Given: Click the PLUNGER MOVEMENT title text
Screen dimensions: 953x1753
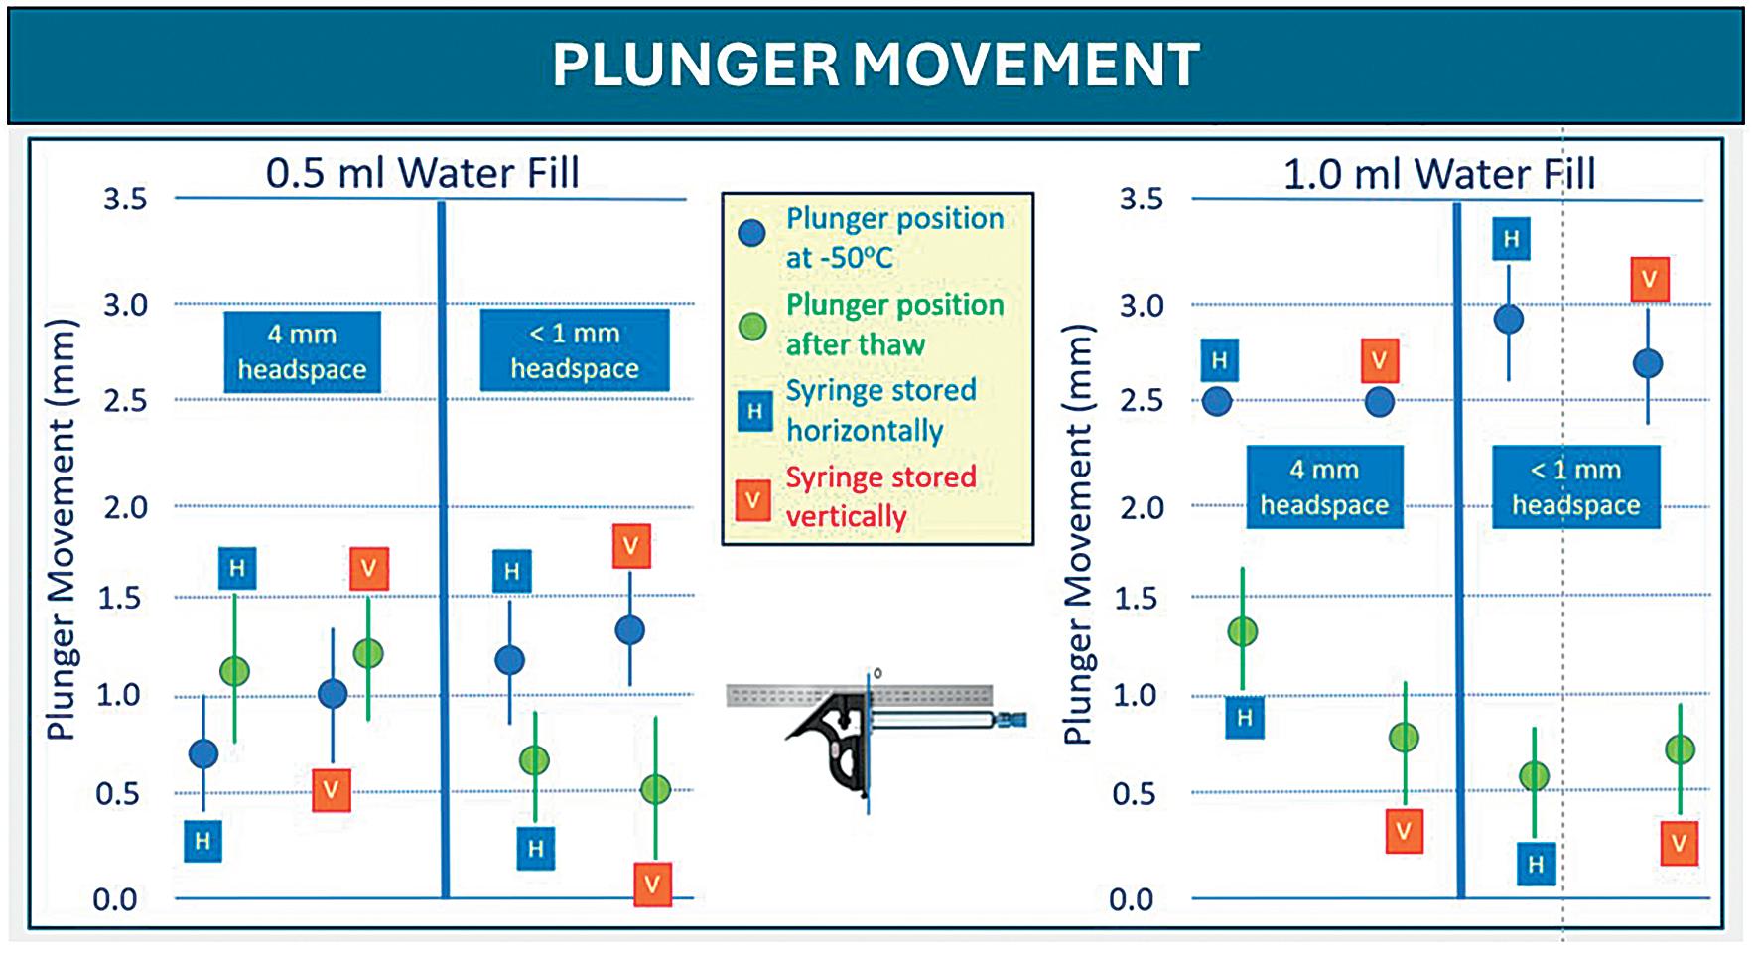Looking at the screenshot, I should coord(876,65).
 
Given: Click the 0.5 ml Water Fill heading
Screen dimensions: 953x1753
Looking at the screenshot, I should coord(422,173).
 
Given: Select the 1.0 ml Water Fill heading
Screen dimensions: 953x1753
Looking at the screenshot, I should coord(1438,174).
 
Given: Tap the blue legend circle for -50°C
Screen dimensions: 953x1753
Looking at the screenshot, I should coord(752,233).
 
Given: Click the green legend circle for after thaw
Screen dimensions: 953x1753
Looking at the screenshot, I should coord(752,326).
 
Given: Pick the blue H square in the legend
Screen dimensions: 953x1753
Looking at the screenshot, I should coord(754,411).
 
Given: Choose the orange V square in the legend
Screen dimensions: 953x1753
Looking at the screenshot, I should coord(753,499).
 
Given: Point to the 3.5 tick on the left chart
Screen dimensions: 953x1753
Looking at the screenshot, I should coord(125,199).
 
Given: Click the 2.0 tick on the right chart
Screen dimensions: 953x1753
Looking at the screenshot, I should coord(1142,507).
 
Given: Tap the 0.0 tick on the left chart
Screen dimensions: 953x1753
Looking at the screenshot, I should coord(115,899).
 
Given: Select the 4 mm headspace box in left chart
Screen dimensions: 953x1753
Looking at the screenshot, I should coord(302,351).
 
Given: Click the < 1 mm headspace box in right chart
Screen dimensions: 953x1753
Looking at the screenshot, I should coord(1575,486).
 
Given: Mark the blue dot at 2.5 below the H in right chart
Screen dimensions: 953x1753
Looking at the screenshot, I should coord(1217,402).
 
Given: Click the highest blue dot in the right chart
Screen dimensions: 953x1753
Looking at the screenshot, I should coord(1509,320).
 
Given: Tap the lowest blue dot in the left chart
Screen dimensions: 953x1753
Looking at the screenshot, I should coord(203,754).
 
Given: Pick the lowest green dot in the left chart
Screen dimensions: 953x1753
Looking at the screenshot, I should coord(655,789).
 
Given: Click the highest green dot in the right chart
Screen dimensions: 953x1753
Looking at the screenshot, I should coord(1243,631).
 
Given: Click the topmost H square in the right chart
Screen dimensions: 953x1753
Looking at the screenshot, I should coord(1511,239).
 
